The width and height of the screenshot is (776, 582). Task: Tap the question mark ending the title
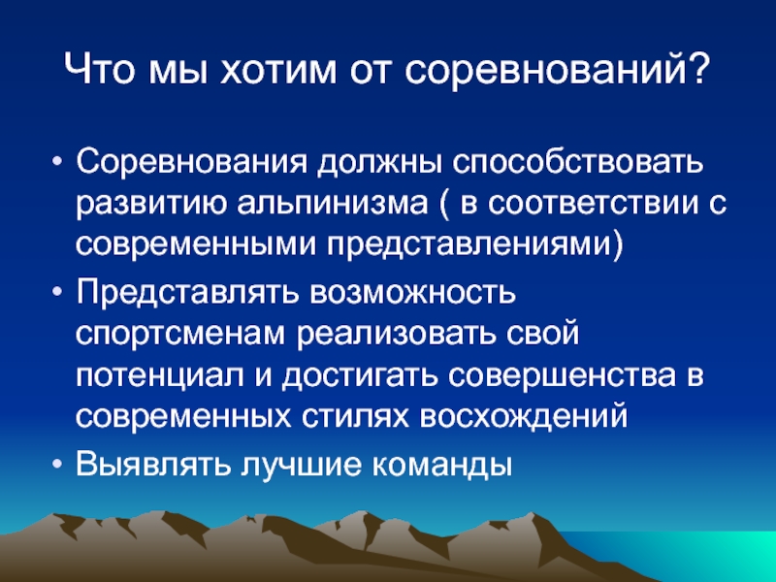(x=698, y=68)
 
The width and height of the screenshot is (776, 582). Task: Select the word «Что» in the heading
(x=100, y=69)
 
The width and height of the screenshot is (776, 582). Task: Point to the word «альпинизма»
(x=332, y=204)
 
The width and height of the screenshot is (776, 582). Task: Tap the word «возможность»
(x=413, y=293)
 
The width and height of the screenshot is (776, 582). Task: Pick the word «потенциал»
(x=160, y=377)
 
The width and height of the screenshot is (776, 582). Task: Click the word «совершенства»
(x=562, y=375)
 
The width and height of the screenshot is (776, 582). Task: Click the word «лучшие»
(x=301, y=465)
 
